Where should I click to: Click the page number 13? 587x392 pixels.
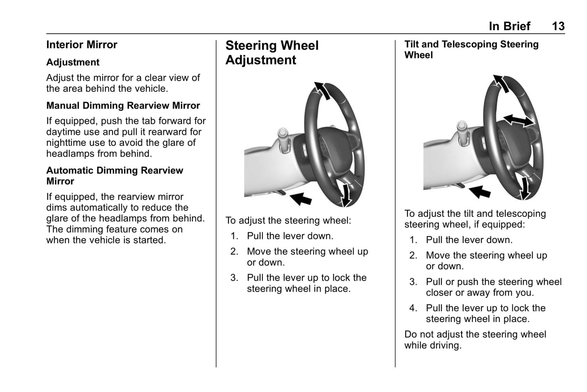(x=558, y=26)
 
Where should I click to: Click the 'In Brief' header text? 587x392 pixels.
(x=509, y=26)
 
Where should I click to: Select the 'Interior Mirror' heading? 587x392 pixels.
(x=82, y=45)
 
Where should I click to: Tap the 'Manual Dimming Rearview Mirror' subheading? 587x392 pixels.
(x=123, y=105)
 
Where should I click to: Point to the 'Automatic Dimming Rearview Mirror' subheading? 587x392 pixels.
(x=115, y=175)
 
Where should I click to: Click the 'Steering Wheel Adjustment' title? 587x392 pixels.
(x=272, y=52)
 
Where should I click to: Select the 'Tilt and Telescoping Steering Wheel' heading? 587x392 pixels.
(x=472, y=50)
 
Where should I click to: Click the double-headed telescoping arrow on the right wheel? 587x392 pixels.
(x=518, y=121)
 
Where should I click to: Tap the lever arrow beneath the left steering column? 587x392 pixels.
(x=301, y=199)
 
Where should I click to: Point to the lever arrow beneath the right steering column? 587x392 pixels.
(x=480, y=192)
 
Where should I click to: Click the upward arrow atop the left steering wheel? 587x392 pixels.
(x=322, y=91)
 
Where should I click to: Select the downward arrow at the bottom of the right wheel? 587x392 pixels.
(x=525, y=188)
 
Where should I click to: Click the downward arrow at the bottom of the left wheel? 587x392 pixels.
(x=347, y=195)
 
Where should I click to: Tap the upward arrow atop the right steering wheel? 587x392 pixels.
(x=501, y=84)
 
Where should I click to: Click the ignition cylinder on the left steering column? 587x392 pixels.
(x=283, y=140)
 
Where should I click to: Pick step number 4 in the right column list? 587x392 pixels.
(x=413, y=308)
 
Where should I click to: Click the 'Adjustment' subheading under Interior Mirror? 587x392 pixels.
(x=73, y=63)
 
